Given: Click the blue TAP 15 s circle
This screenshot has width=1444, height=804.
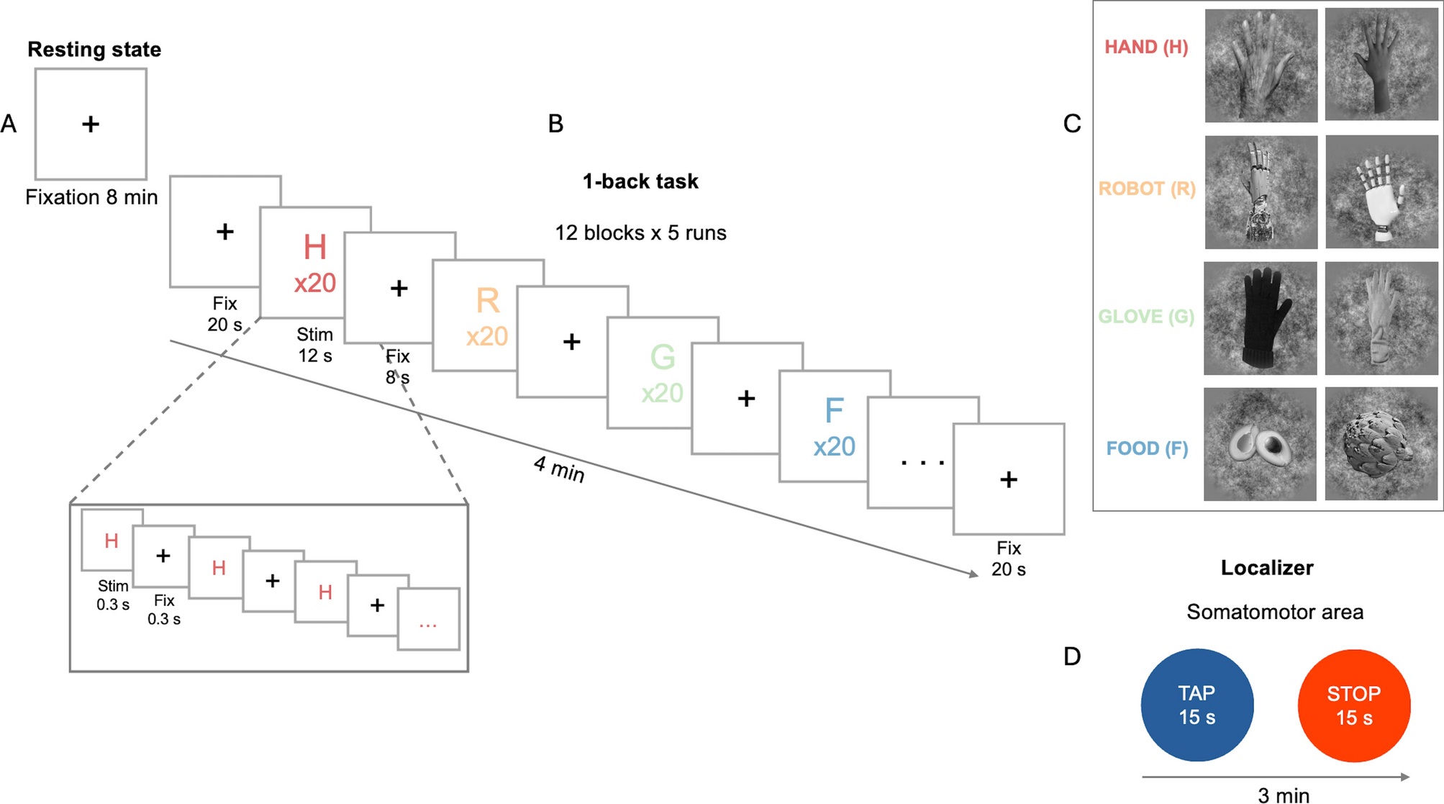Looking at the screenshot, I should (1197, 705).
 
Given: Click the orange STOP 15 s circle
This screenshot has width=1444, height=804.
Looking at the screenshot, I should (1353, 705).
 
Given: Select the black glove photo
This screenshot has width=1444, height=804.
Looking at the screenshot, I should (1260, 318).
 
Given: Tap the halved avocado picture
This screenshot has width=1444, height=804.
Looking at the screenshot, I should (1260, 444).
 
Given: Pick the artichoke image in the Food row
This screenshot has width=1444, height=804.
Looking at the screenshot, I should (1381, 444).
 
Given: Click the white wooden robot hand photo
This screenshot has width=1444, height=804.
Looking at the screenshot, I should (1381, 192).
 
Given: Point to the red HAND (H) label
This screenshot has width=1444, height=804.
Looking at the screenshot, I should (1146, 48).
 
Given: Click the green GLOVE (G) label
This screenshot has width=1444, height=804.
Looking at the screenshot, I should (1145, 317).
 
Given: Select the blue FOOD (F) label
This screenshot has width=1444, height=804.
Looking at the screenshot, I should (1147, 448).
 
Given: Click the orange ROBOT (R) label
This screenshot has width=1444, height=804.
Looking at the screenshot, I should (1146, 189).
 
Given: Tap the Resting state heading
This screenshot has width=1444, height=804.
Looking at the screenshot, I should (94, 50).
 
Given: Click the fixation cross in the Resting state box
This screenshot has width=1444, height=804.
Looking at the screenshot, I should (91, 125).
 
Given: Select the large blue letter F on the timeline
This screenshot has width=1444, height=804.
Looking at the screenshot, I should (834, 411).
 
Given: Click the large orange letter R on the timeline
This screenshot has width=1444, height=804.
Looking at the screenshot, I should (488, 301).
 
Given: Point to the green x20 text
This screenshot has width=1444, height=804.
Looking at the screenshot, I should (662, 393).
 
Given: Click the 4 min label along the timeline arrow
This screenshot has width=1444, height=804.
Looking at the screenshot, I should (559, 469).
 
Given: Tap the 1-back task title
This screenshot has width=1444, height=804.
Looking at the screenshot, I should (640, 181).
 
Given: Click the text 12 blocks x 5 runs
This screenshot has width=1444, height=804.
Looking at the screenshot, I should (640, 233).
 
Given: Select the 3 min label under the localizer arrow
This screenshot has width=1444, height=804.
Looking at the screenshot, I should (1283, 795).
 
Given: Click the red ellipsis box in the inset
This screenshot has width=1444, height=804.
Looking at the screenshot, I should (428, 620).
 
